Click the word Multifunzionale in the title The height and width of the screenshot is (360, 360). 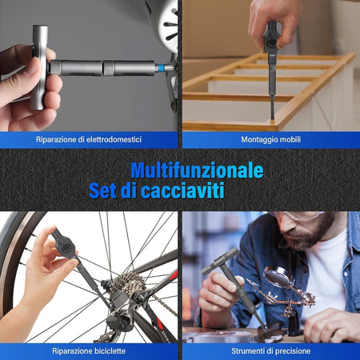click(196, 170)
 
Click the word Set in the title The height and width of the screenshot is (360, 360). click(106, 191)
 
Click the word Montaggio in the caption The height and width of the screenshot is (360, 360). click(251, 140)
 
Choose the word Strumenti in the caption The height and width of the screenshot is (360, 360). click(244, 351)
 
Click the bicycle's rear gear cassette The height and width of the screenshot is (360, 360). click(126, 288)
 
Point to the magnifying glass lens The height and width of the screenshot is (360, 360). click(278, 278)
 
